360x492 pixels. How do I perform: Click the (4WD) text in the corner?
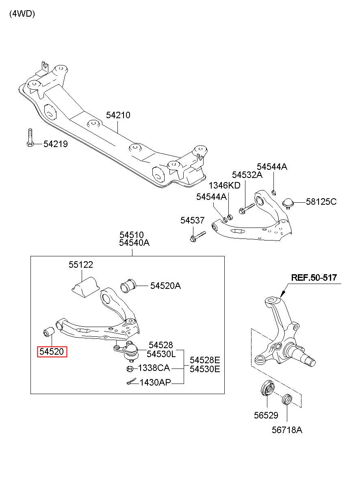pyautogui.click(x=22, y=14)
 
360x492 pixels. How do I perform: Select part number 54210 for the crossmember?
pyautogui.click(x=118, y=115)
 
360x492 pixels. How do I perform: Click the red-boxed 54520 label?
pyautogui.click(x=52, y=352)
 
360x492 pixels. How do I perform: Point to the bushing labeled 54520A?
pyautogui.click(x=128, y=286)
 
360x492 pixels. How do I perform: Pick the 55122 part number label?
pyautogui.click(x=80, y=264)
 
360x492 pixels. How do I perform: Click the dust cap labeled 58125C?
pyautogui.click(x=288, y=203)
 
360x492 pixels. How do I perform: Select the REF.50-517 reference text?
pyautogui.click(x=314, y=277)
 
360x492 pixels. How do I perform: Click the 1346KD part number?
pyautogui.click(x=224, y=185)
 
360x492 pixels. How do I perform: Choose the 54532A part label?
pyautogui.click(x=247, y=175)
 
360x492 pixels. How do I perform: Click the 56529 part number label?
pyautogui.click(x=266, y=415)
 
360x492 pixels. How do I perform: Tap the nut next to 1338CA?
pyautogui.click(x=130, y=369)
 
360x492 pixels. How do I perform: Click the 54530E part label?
pyautogui.click(x=205, y=369)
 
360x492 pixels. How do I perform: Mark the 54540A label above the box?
pyautogui.click(x=134, y=243)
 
